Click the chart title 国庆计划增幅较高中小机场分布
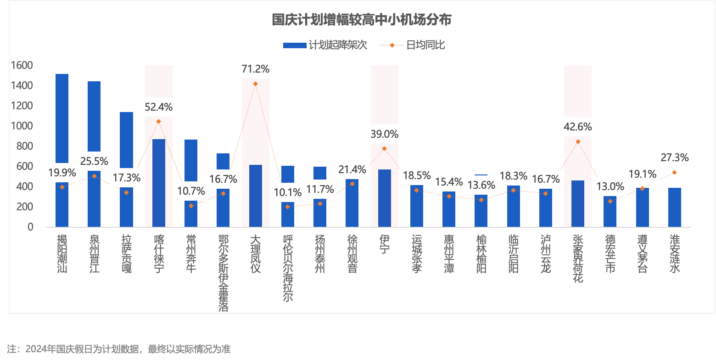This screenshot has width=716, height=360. [361, 20]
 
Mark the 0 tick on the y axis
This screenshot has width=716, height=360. [30, 227]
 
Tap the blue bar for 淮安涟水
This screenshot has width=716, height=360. [675, 207]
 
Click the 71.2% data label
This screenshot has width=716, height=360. [255, 70]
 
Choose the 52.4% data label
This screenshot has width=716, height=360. [158, 107]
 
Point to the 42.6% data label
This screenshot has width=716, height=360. [578, 126]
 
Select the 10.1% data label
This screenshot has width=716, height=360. [288, 193]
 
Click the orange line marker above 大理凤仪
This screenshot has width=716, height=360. [255, 84]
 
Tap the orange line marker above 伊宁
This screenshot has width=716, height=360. [384, 149]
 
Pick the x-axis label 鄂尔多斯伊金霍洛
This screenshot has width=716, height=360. [223, 273]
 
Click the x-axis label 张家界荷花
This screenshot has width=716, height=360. [578, 258]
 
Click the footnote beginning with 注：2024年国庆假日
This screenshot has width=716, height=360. [119, 349]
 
